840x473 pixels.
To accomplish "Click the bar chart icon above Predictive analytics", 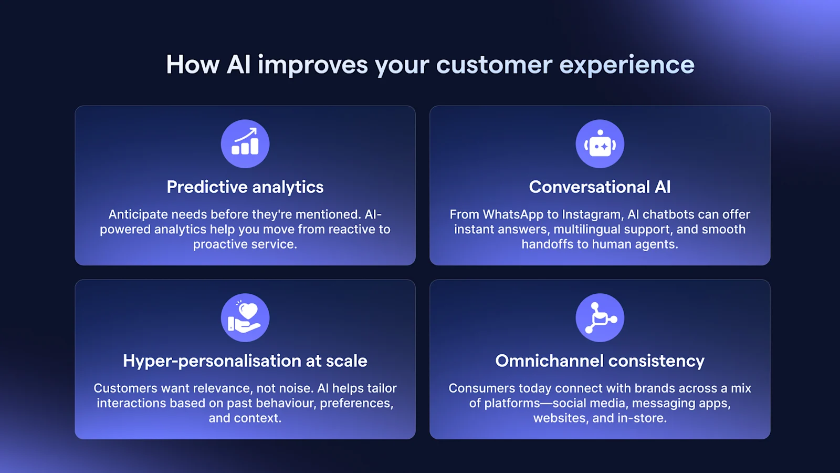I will click(245, 143).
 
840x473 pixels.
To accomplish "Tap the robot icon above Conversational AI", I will click(600, 143).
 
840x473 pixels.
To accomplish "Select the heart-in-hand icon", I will click(245, 317).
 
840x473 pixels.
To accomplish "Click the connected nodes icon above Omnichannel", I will click(600, 317).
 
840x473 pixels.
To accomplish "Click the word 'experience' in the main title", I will click(627, 65).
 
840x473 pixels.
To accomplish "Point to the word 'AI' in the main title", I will click(238, 65).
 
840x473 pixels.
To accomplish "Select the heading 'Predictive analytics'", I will click(245, 187).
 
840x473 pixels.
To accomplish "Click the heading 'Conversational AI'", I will click(600, 187).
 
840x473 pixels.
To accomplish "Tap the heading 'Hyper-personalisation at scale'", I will click(245, 361).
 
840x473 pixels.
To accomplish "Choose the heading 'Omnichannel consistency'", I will click(600, 361).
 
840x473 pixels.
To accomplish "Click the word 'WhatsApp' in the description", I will click(513, 215).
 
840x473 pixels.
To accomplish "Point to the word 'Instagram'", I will click(592, 215).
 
